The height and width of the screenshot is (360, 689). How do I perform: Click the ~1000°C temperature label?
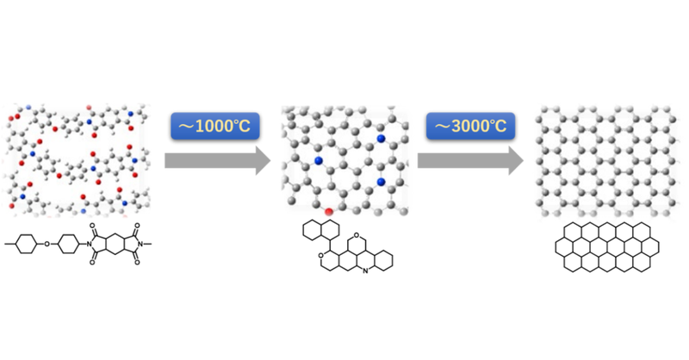click(x=214, y=126)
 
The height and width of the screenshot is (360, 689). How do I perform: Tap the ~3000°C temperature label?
click(x=470, y=126)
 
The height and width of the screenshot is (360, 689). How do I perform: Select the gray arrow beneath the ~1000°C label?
click(x=218, y=161)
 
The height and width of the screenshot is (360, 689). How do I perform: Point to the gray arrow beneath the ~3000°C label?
click(x=470, y=161)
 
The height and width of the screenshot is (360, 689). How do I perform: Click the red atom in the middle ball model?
click(x=328, y=212)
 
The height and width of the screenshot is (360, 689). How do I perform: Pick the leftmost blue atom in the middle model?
click(x=319, y=161)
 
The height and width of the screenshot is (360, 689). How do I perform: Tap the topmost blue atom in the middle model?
click(x=381, y=139)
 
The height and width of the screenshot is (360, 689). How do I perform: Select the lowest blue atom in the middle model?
click(x=381, y=182)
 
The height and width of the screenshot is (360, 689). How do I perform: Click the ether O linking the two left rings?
click(x=47, y=244)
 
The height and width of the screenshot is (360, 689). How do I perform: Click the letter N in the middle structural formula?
click(x=365, y=271)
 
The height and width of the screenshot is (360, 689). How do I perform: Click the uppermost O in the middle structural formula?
click(x=357, y=236)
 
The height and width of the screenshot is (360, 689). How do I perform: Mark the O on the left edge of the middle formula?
click(x=321, y=255)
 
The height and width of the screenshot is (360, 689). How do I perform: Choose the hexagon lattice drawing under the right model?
click(x=607, y=247)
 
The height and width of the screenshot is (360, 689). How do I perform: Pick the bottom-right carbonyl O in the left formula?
click(x=137, y=263)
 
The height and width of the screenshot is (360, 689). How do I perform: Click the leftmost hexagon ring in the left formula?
click(x=26, y=244)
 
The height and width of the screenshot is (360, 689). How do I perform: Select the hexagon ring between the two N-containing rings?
click(x=115, y=244)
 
